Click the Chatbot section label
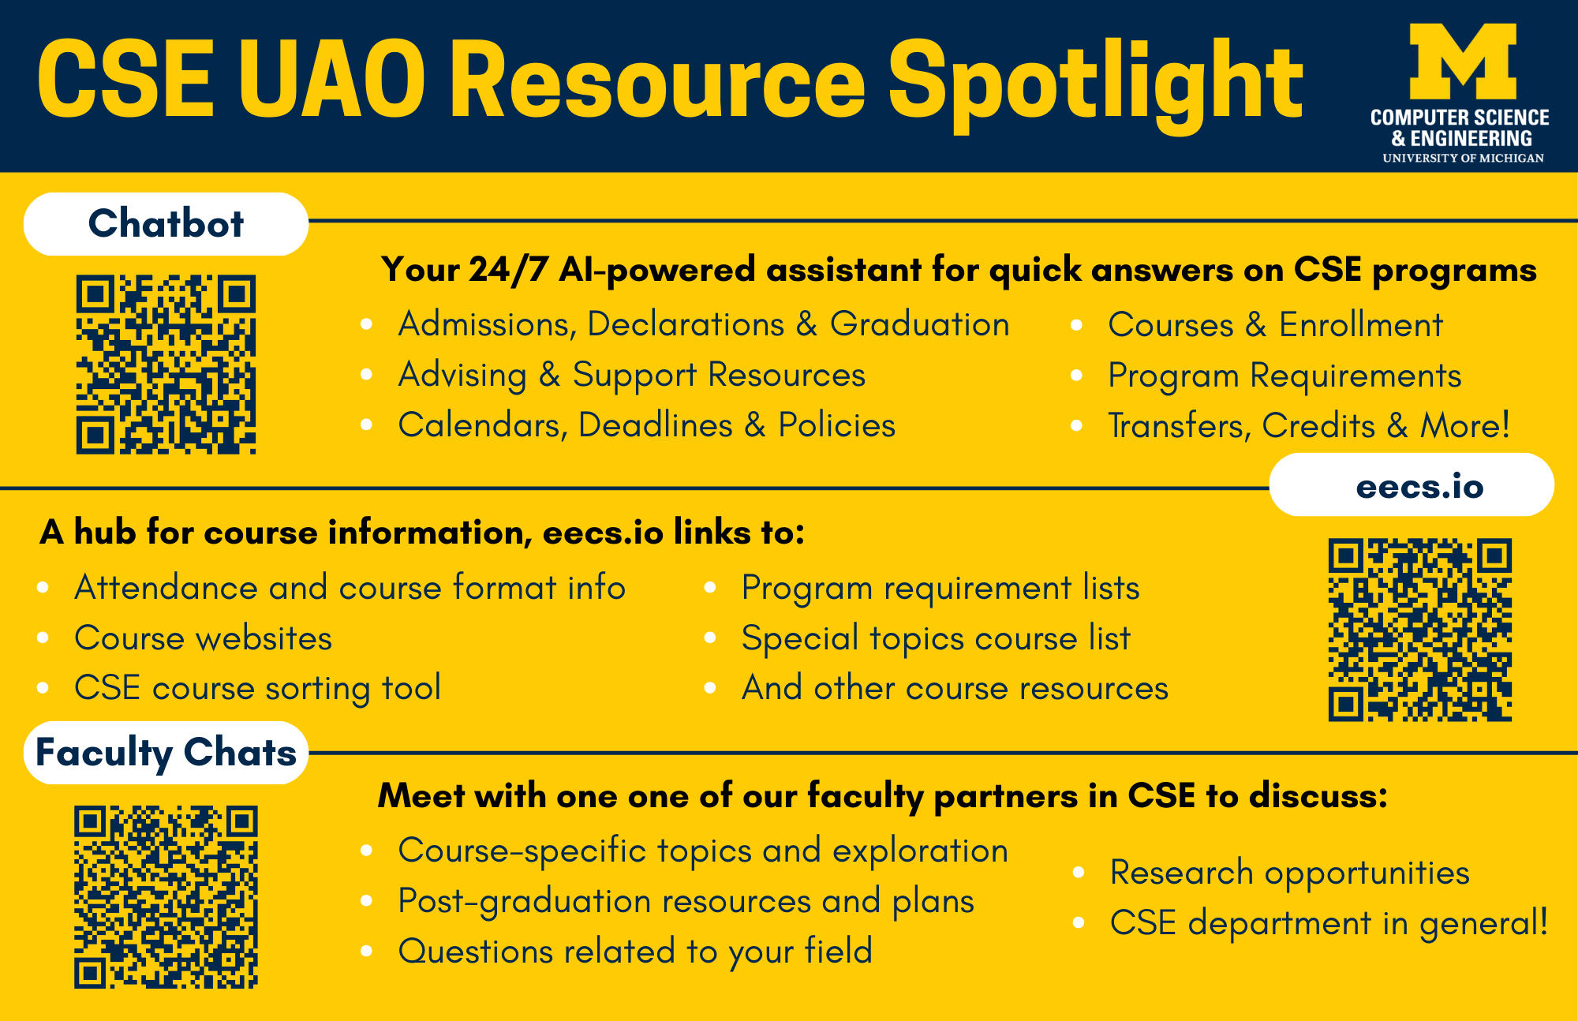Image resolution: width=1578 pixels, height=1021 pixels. coord(166,223)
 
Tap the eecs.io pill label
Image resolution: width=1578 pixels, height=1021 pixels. coord(1412,485)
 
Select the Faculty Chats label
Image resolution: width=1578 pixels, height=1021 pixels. coord(166,752)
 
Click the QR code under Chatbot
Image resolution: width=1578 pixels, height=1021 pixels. coord(166,365)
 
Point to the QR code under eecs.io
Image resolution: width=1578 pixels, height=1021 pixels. coord(1420,630)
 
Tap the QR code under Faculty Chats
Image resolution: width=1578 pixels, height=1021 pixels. coord(166,897)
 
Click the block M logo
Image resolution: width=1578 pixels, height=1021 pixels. coord(1463,62)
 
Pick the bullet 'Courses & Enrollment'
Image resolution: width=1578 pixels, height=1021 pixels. coord(1275,325)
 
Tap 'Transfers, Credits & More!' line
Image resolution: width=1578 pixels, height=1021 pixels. coord(1309,426)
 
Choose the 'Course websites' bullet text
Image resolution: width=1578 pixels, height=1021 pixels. coord(203,638)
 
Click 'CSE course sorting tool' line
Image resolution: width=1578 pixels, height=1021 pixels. coord(257,688)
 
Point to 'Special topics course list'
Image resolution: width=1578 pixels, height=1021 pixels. coord(936,638)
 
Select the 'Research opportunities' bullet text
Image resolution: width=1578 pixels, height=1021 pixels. coord(1289,873)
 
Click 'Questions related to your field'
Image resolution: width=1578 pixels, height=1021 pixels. coord(635,952)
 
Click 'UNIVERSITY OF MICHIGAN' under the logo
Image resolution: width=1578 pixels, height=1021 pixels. coord(1463,158)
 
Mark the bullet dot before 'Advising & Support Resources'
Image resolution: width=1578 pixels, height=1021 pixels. coord(366,375)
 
